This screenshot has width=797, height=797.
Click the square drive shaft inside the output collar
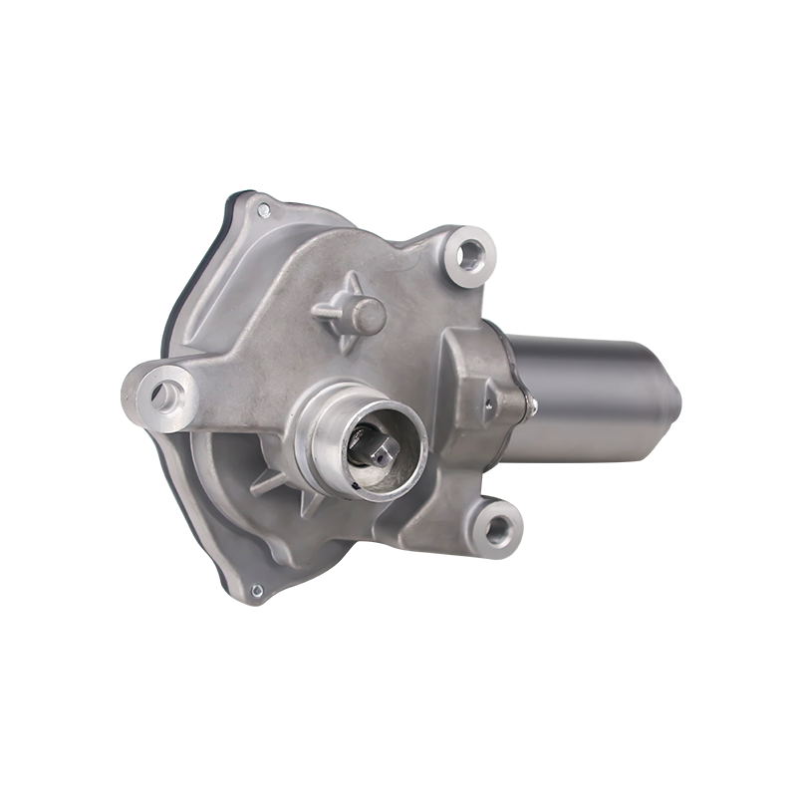[x=383, y=450]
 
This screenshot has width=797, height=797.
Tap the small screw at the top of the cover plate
[x=263, y=210]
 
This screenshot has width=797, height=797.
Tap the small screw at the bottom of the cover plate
[x=256, y=591]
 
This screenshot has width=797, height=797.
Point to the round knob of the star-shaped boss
[x=368, y=316]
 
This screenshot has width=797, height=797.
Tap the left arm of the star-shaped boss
[x=324, y=309]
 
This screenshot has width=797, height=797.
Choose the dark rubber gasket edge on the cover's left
[x=179, y=299]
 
